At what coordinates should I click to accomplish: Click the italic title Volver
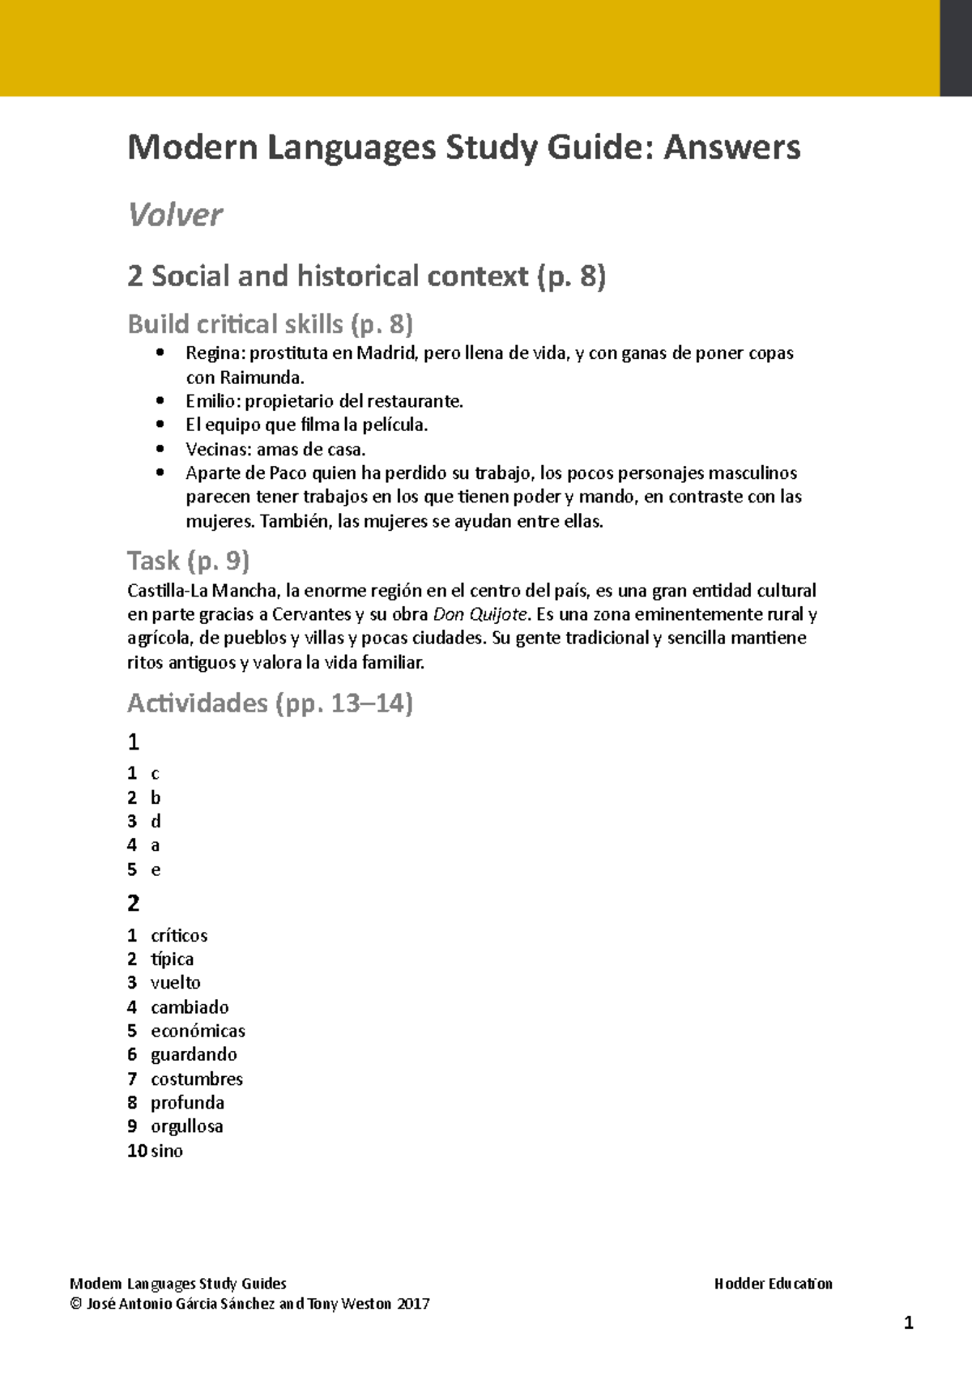click(175, 215)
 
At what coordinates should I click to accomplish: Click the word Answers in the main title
click(731, 147)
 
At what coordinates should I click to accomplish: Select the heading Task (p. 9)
click(188, 561)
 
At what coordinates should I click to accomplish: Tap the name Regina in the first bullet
click(215, 353)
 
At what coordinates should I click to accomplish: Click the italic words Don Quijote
click(480, 614)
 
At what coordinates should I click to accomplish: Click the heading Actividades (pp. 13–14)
click(270, 703)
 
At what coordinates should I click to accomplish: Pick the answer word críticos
click(179, 935)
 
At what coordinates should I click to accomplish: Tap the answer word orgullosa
click(186, 1126)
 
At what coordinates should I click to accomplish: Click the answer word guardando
click(194, 1054)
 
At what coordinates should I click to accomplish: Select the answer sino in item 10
click(167, 1151)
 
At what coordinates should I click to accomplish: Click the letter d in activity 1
click(156, 822)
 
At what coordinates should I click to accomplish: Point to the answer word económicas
click(198, 1031)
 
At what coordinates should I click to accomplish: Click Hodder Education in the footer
click(773, 1284)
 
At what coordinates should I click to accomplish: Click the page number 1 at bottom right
click(908, 1323)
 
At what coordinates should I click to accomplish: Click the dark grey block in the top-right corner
click(955, 48)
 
